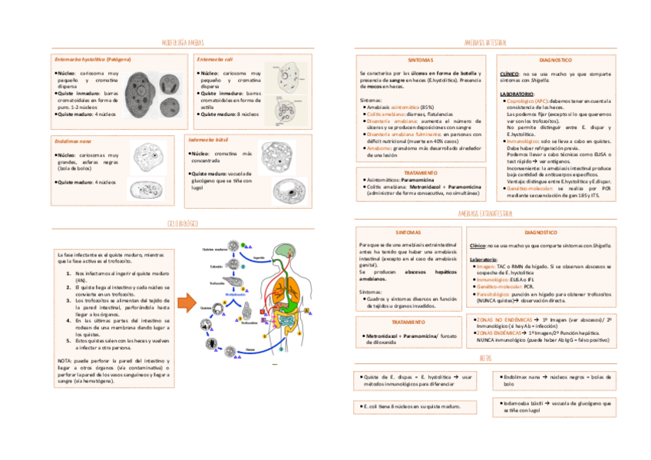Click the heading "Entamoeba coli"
[215, 59]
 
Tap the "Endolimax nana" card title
[73, 141]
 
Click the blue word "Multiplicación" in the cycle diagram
[236, 294]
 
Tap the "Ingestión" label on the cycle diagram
[259, 258]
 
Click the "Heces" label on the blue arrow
[250, 349]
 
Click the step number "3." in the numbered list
[68, 299]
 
